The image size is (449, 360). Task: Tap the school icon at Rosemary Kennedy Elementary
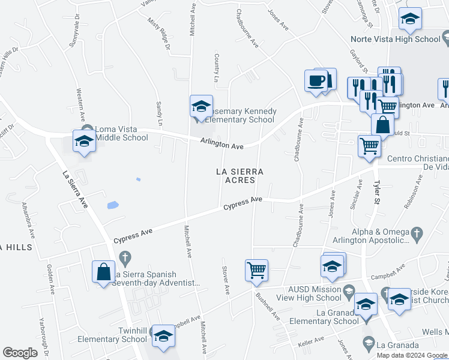[200, 107]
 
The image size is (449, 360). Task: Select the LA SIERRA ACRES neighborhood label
[240, 176]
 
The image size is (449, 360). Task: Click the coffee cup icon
[316, 80]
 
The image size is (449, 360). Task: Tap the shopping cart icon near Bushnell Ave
[256, 271]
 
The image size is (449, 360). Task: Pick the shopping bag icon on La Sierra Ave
[103, 272]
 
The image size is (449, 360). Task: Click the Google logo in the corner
[20, 353]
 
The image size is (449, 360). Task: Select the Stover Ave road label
[226, 280]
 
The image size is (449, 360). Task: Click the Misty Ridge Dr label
[159, 34]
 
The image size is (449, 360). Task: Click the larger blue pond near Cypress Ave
[112, 206]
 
